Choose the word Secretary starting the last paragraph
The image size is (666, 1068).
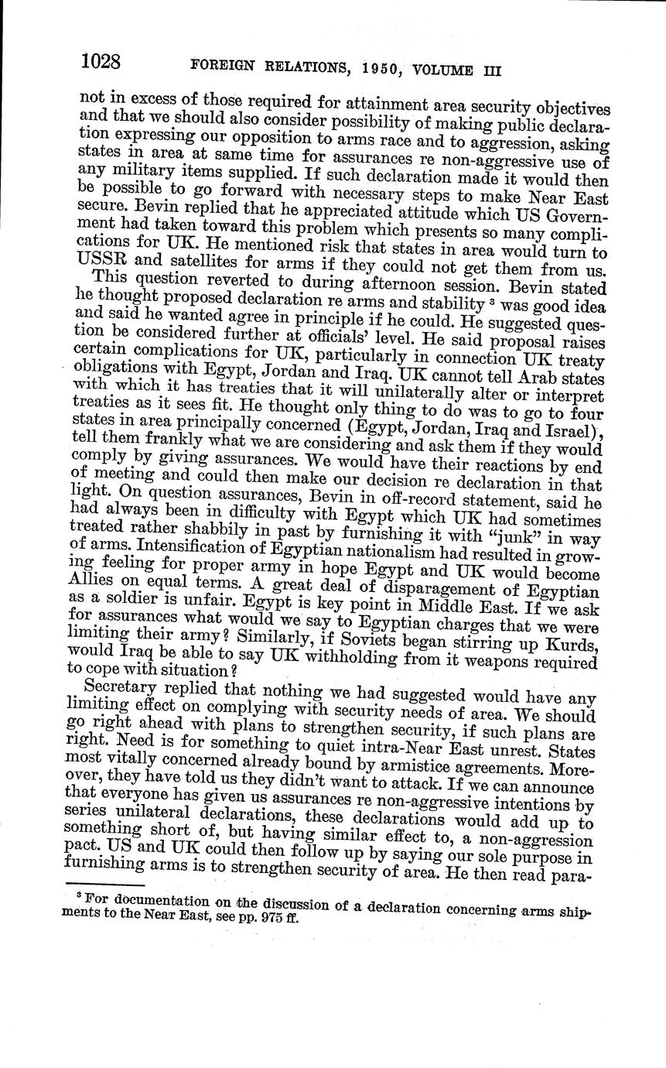[120, 686]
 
